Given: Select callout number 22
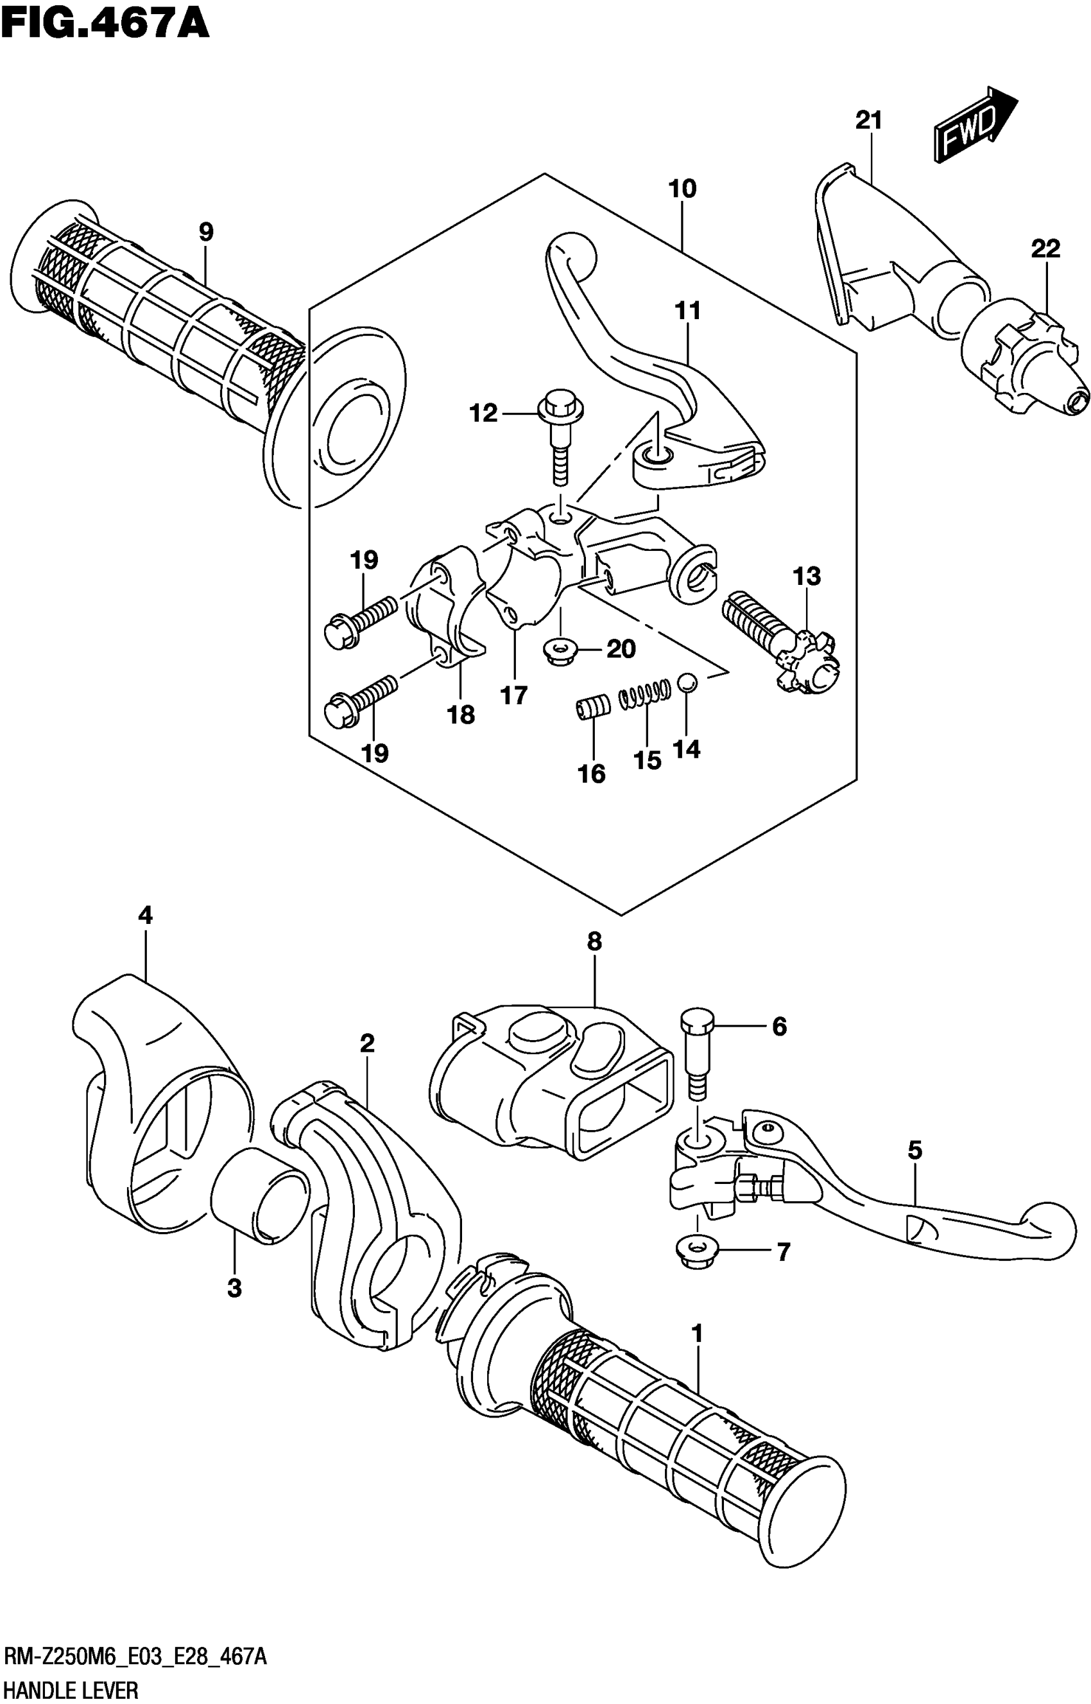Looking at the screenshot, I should coord(1045,249).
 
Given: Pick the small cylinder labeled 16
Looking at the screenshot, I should coord(592,708).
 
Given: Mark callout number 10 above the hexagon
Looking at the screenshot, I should coord(682,189).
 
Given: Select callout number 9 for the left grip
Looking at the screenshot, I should coord(205,232).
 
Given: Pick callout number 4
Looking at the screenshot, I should coord(144,916).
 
